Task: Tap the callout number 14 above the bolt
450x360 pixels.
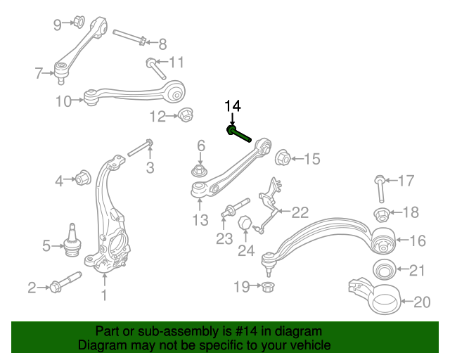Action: point(232,106)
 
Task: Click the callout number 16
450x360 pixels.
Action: point(417,241)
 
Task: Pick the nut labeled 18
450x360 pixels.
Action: point(380,213)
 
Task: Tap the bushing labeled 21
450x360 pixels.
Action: point(383,270)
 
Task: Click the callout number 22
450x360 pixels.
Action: point(300,212)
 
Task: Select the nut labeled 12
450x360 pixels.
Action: point(186,114)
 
